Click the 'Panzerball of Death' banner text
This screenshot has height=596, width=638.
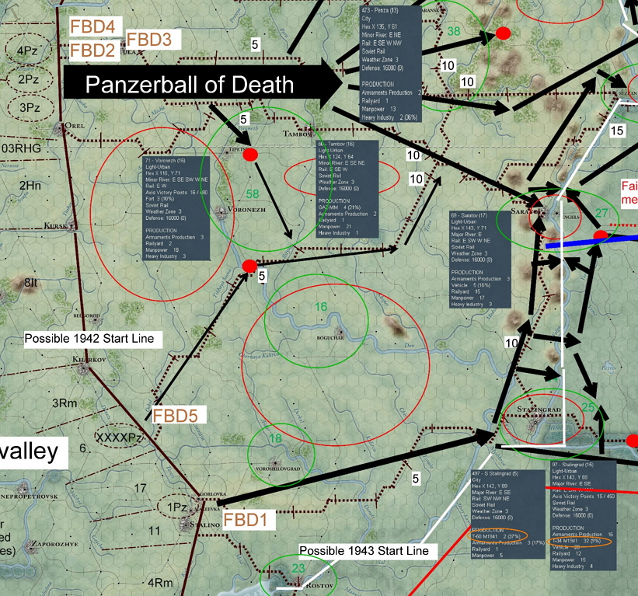[x=190, y=85]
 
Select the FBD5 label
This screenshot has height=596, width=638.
[x=174, y=415]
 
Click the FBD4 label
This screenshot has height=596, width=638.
[x=92, y=26]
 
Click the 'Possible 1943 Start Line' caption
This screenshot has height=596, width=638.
[x=364, y=551]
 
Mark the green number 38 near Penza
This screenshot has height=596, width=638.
[x=454, y=31]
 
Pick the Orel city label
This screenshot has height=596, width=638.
[x=75, y=124]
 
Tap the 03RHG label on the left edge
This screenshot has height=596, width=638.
[x=20, y=147]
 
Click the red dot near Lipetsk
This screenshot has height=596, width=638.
[x=250, y=155]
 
